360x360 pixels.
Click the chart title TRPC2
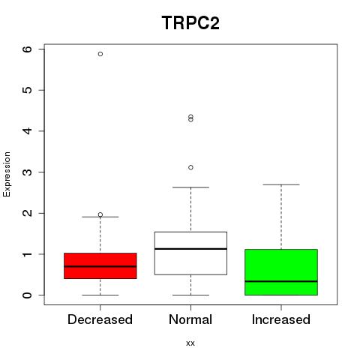coord(190,23)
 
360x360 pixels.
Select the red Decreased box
coord(100,265)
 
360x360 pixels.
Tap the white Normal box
coord(190,253)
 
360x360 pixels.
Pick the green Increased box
coord(281,272)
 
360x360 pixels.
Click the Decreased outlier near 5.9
coord(100,54)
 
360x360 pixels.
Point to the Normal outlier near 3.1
coord(190,167)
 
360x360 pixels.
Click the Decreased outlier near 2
coord(100,214)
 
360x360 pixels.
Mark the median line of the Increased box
coord(281,281)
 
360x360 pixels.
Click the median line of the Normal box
coord(190,249)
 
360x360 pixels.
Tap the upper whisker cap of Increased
coord(281,184)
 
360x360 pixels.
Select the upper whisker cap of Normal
coord(190,187)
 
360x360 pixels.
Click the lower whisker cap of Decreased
coord(100,295)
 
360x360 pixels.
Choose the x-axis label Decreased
coord(100,319)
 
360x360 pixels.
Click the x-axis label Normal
coord(190,319)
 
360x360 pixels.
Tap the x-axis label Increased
coord(281,319)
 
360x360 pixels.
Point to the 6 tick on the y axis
coord(41,49)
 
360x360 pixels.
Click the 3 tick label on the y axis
coord(27,172)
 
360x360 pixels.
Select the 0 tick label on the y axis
coord(27,295)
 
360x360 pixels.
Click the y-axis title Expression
coord(7,174)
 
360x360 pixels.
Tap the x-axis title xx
coord(190,343)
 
